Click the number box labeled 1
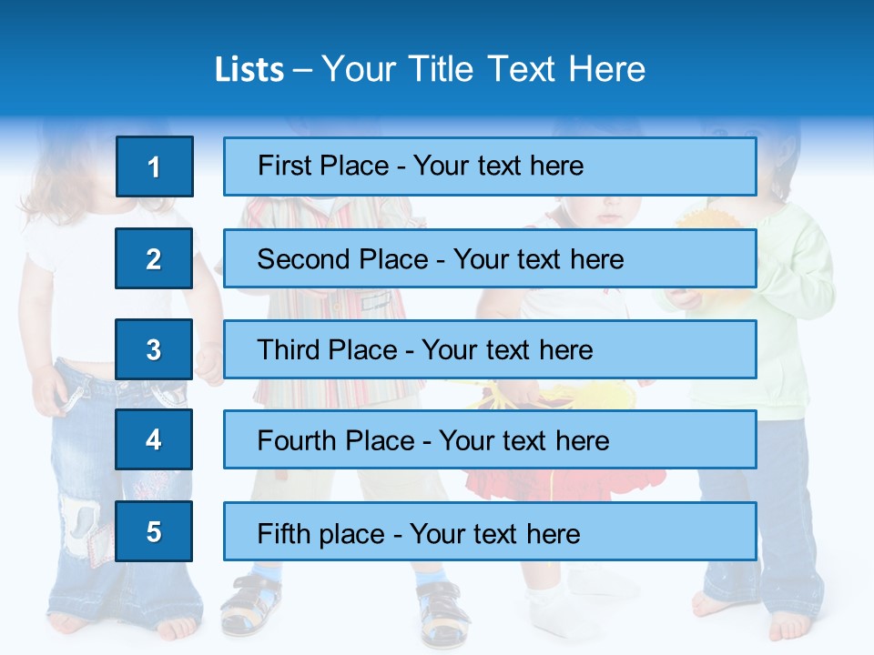(154, 166)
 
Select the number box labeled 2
(154, 258)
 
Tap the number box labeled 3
(154, 349)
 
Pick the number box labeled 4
(154, 439)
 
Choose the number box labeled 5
(154, 531)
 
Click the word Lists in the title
(249, 70)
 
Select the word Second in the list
(303, 259)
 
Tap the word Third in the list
(289, 350)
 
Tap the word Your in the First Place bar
(442, 166)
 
